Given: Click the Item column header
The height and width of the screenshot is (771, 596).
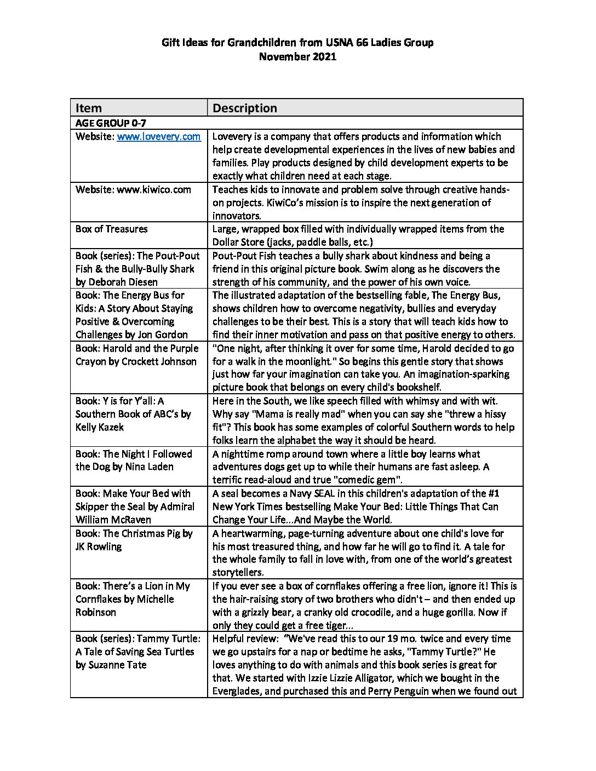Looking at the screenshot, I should click(x=89, y=108).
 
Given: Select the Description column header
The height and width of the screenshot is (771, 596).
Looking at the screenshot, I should click(x=244, y=108).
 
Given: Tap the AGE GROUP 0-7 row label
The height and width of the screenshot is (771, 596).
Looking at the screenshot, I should click(x=110, y=123).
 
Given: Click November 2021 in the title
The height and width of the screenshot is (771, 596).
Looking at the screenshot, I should click(x=297, y=56).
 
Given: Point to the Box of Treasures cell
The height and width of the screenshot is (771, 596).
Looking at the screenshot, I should click(x=112, y=229).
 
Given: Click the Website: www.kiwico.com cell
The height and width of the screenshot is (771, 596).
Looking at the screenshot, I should click(x=133, y=189).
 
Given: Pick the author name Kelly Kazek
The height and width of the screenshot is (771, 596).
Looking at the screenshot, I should click(x=100, y=427).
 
